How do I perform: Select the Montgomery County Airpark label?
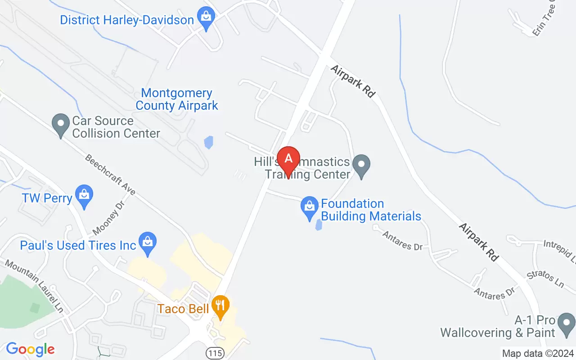tap(176, 99)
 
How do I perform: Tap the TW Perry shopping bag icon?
tap(84, 196)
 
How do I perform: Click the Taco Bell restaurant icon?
tap(220, 306)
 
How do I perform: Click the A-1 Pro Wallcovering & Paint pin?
tap(566, 324)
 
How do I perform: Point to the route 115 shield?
tap(216, 352)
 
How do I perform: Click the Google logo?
tap(30, 349)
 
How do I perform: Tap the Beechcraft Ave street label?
tap(110, 175)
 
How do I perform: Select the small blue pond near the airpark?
tap(208, 143)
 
